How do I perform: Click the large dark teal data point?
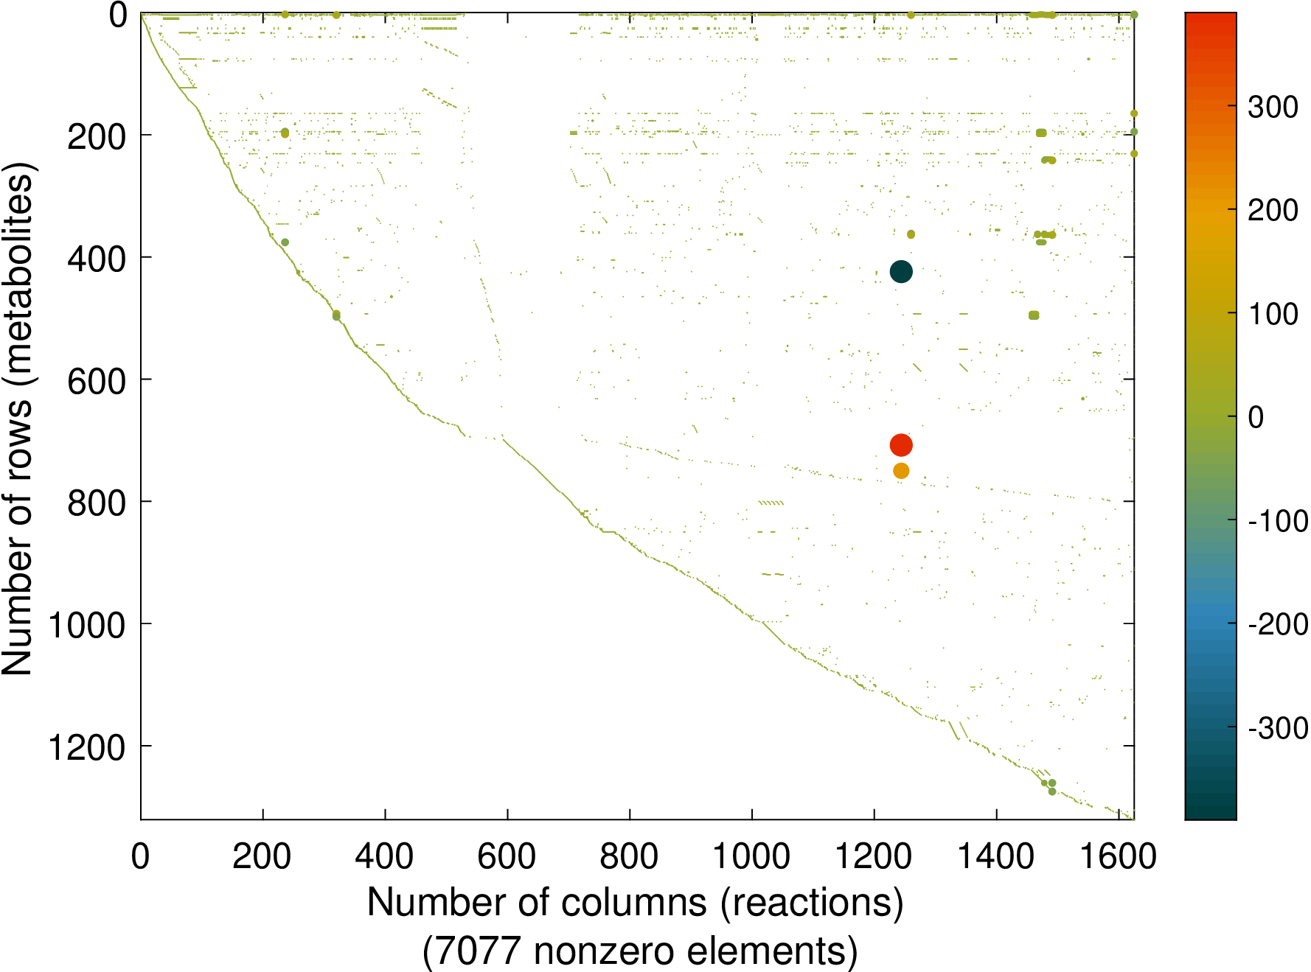coord(901,272)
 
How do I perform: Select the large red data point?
coord(901,445)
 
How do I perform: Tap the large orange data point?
coord(901,471)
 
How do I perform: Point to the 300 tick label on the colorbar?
coord(1273,108)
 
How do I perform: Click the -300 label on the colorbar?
coord(1278,729)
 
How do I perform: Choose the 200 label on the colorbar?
coord(1273,211)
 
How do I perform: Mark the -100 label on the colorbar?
coord(1278,522)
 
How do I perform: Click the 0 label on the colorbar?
coord(1256,418)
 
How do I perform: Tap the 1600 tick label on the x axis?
coord(1118,857)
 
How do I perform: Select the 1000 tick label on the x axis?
coord(751,857)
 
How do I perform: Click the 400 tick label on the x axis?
coord(384,857)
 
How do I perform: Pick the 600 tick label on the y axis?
coord(97,382)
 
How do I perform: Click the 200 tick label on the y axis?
coord(97,137)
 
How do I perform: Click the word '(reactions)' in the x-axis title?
coord(812,903)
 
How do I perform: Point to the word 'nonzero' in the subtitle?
coord(605,951)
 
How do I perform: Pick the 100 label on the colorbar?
coord(1273,315)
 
